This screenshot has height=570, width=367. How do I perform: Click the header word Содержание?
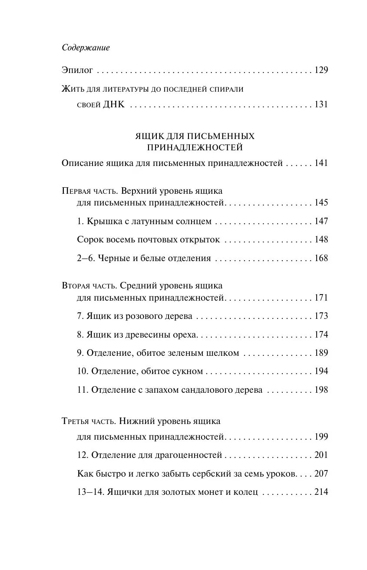tap(86, 48)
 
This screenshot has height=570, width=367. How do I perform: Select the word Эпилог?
tap(77, 70)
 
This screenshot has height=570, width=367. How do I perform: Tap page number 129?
tap(321, 70)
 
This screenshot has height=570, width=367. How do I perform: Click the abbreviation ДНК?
tap(114, 104)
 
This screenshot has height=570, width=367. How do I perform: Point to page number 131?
tap(321, 104)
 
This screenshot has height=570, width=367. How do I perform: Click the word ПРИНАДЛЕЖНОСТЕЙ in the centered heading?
tap(195, 148)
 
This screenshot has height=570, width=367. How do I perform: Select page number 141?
tap(321, 163)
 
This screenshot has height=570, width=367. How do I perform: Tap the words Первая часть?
tap(90, 191)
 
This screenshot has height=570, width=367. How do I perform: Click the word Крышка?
tap(102, 221)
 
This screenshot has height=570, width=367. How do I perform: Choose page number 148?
tap(321, 239)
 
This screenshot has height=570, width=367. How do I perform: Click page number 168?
tap(321, 258)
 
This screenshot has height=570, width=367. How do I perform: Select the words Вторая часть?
tap(89, 286)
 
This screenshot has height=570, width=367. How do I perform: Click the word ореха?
tap(184, 335)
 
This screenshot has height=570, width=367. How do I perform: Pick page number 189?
tap(321, 353)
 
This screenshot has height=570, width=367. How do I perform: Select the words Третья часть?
tap(89, 421)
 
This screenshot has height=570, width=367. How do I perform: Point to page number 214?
tap(321, 492)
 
